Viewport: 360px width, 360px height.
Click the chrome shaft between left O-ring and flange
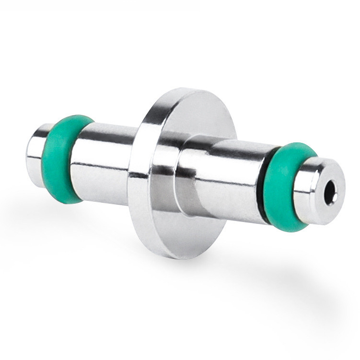click(x=103, y=153)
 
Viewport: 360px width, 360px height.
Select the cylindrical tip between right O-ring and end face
click(x=307, y=192)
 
